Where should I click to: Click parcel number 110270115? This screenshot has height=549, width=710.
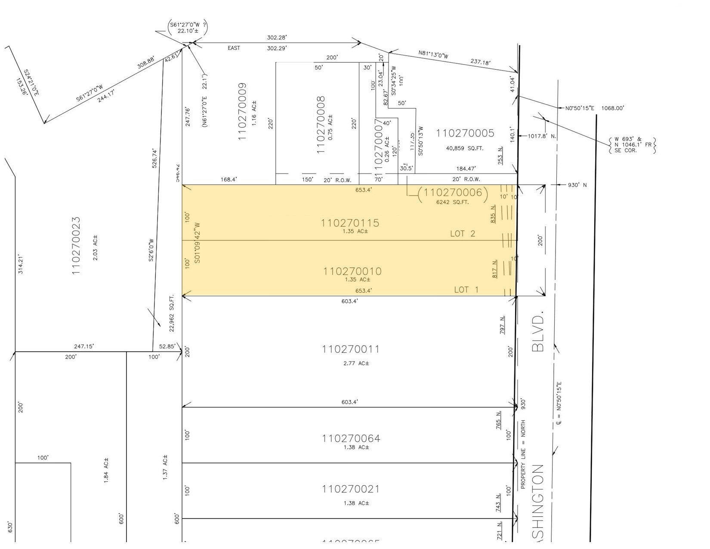coord(350,223)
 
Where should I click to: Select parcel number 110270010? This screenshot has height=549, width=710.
coord(352,271)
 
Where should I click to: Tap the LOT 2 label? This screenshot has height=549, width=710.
coord(463,234)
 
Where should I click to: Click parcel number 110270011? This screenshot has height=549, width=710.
coord(351,349)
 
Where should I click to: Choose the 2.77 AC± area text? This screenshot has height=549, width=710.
coord(356,363)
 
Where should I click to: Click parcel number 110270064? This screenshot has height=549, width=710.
coord(351,439)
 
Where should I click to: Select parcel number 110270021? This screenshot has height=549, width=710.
coord(351,490)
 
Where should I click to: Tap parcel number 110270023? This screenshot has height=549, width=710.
coord(76,246)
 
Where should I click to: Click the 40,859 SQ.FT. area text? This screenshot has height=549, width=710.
coord(465,149)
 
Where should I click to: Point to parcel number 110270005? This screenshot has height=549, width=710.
coord(465,133)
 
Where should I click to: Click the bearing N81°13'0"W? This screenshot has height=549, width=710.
coord(433,55)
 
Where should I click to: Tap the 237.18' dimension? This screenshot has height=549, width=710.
coord(480,62)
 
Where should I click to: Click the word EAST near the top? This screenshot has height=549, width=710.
coord(234,48)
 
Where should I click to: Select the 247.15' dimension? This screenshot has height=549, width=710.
coord(84,346)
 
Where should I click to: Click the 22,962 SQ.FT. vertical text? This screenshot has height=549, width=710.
coord(172,313)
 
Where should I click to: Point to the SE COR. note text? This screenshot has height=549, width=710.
coord(623,150)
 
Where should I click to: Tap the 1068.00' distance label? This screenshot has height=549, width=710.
coord(612,108)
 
